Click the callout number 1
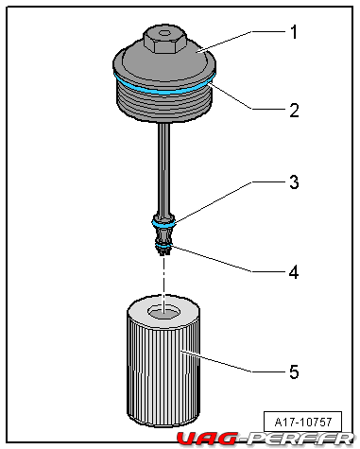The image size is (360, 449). tap(294, 32)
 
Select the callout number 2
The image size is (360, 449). tap(294, 111)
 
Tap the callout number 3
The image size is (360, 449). tap(294, 182)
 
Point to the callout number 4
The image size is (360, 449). tap(294, 272)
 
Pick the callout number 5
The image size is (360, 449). tap(294, 371)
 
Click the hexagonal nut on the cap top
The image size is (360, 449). tap(164, 40)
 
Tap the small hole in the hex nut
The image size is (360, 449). tap(164, 33)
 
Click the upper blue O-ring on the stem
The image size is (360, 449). tap(163, 225)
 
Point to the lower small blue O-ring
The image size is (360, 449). tap(163, 245)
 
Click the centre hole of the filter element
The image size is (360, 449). tap(164, 312)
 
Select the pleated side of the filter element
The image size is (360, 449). tap(163, 371)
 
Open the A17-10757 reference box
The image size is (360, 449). tap(302, 422)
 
